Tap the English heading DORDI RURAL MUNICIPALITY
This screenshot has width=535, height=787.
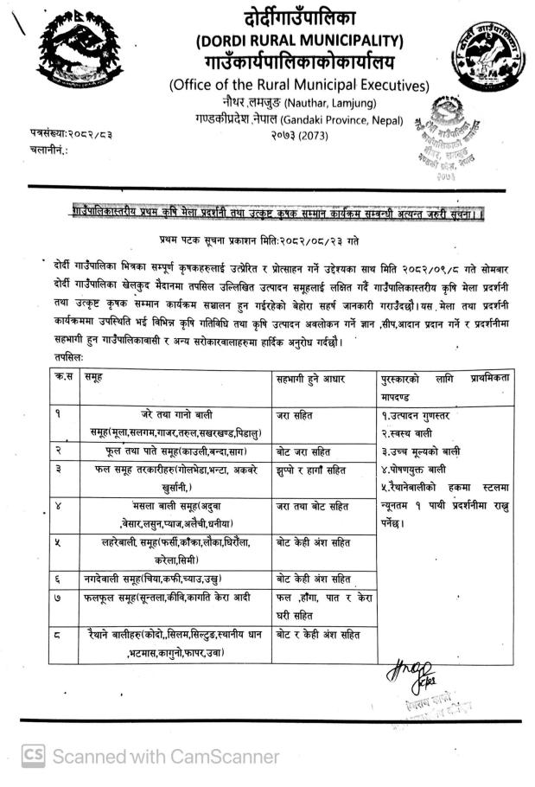click(300, 40)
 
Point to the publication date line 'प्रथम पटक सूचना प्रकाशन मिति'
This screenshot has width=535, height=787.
click(259, 236)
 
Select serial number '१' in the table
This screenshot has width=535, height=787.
click(58, 414)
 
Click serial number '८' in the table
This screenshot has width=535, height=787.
click(58, 635)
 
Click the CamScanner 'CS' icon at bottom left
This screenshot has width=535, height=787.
click(34, 756)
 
